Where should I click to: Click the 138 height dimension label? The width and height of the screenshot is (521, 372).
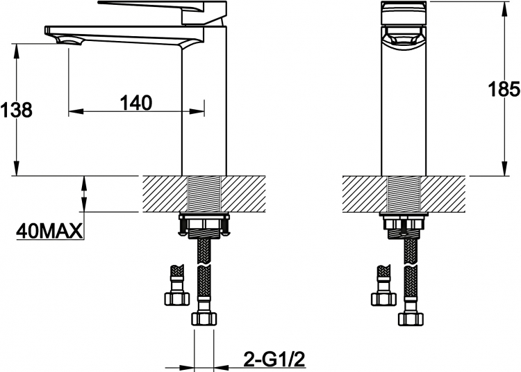click(16, 110)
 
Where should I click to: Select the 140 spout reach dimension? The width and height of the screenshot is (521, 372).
click(136, 103)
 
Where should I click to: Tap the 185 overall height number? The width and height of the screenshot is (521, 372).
click(504, 89)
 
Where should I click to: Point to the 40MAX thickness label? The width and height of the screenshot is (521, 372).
click(49, 231)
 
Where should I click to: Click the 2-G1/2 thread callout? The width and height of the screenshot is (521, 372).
click(274, 359)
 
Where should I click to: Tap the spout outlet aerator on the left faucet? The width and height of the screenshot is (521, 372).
click(69, 41)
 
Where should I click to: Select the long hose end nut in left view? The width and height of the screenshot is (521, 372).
click(204, 318)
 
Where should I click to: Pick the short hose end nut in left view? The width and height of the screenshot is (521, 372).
click(177, 298)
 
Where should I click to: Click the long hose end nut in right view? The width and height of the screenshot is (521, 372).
click(411, 318)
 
